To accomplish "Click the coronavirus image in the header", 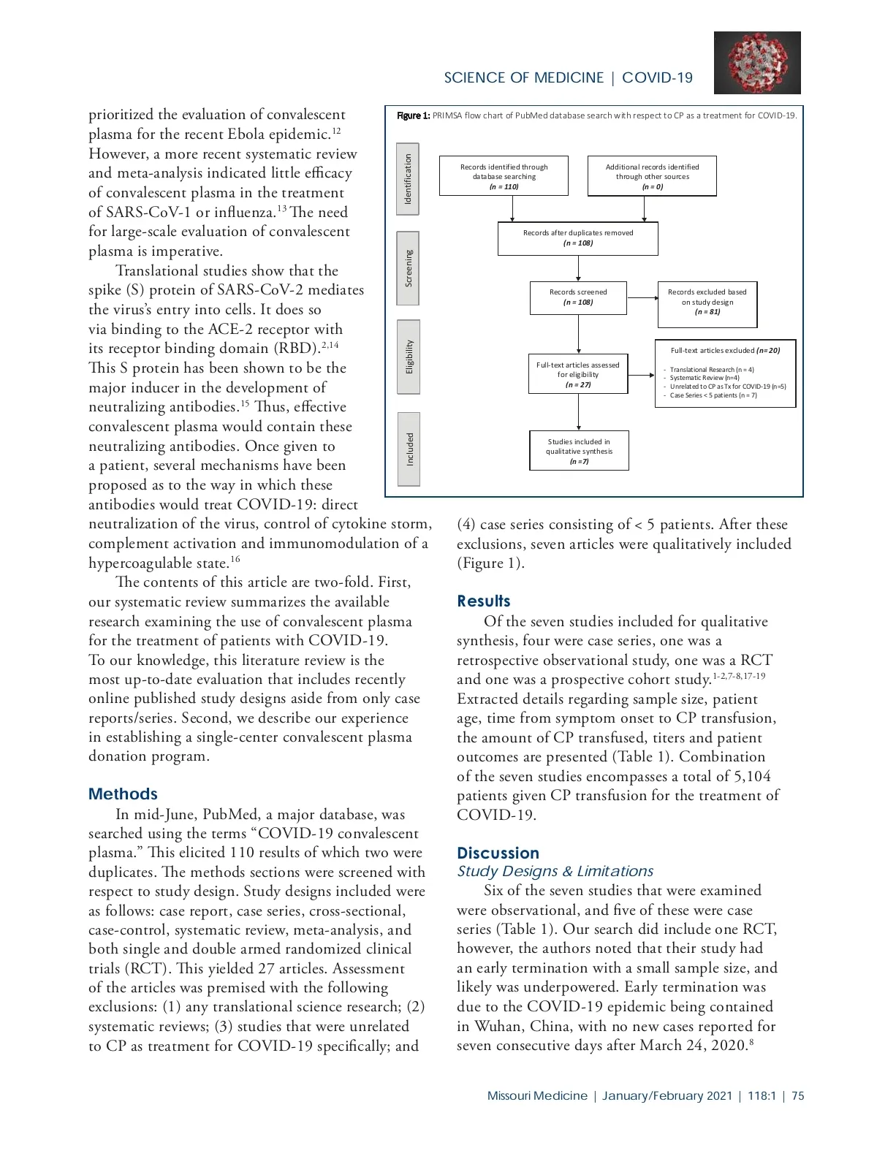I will [x=757, y=63].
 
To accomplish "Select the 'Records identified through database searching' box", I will [x=504, y=176].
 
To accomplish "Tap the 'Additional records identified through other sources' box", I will [x=652, y=176].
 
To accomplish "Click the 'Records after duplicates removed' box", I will [x=578, y=238].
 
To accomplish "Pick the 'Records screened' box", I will [x=578, y=297].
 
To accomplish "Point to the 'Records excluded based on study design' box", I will [x=707, y=302].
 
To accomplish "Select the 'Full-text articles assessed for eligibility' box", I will [x=578, y=374].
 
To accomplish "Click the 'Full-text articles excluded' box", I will [x=725, y=373].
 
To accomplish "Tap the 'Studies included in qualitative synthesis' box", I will [x=579, y=451].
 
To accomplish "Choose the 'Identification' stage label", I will [x=408, y=179].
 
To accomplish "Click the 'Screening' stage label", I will [x=409, y=268].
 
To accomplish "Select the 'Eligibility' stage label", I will [x=409, y=357].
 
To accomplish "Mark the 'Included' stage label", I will [x=409, y=449].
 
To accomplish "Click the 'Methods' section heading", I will [x=123, y=794].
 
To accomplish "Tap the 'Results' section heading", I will [x=484, y=601].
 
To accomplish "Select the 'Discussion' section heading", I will [x=498, y=853].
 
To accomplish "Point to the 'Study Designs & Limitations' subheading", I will [x=555, y=871].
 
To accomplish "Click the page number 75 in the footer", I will [x=797, y=1096].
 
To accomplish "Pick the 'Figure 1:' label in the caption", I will [x=413, y=115].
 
